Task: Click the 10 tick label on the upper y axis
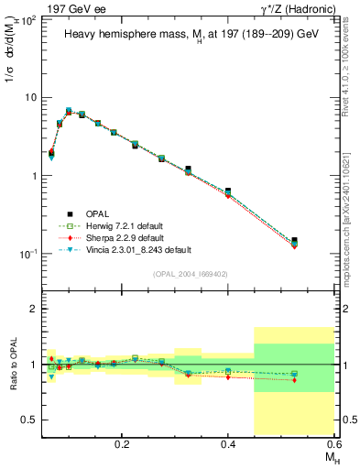pyautogui.click(x=31, y=97)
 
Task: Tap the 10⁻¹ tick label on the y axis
pyautogui.click(x=28, y=254)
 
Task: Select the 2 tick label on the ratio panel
pyautogui.click(x=34, y=310)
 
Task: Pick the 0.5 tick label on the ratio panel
pyautogui.click(x=30, y=420)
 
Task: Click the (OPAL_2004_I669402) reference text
pyautogui.click(x=190, y=273)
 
